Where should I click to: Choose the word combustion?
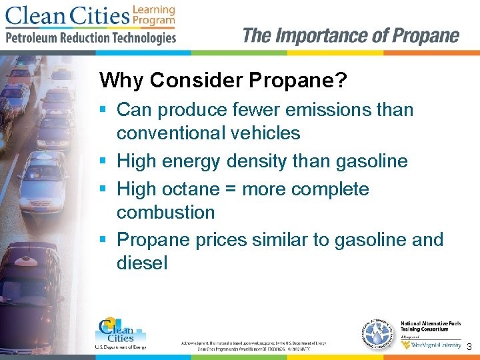point(165,213)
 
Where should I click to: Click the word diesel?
point(142,263)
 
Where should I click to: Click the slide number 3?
point(469,347)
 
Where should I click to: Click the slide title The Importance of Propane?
point(351,35)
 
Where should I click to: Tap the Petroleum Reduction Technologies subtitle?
point(91,38)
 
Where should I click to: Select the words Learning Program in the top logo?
point(153,15)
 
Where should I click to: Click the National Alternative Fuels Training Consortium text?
point(430,326)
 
